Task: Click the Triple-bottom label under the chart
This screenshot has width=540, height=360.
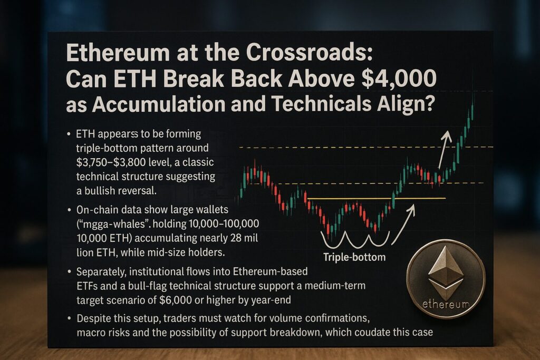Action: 354,257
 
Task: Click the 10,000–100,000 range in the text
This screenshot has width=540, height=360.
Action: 224,223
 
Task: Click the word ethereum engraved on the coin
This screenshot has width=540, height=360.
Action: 446,304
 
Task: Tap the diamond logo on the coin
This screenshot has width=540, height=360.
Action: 445,271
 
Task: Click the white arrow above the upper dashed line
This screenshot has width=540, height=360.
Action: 445,149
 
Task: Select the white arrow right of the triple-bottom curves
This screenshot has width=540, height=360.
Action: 403,225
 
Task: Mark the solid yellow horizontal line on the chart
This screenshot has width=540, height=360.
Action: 377,199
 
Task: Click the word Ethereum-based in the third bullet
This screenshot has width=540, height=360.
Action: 271,271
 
